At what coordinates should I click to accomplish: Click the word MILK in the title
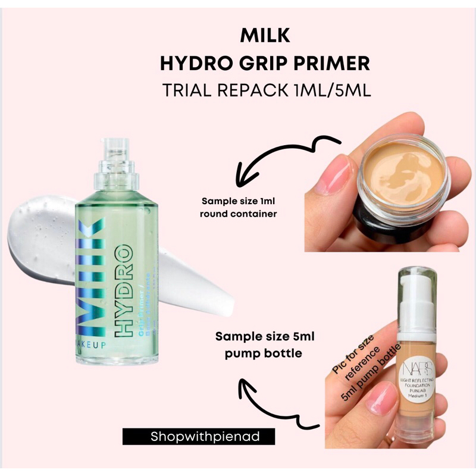point(265,36)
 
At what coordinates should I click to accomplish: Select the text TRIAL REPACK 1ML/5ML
point(265,90)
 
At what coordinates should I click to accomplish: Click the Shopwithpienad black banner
point(199,436)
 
